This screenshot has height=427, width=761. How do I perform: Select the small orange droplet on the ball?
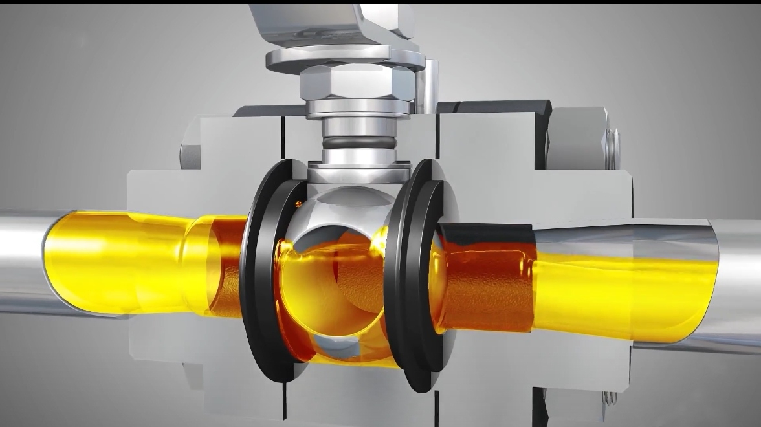(298, 204)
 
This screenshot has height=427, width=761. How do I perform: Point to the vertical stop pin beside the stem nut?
(429, 84)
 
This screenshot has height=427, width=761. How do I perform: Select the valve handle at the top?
(330, 19)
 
